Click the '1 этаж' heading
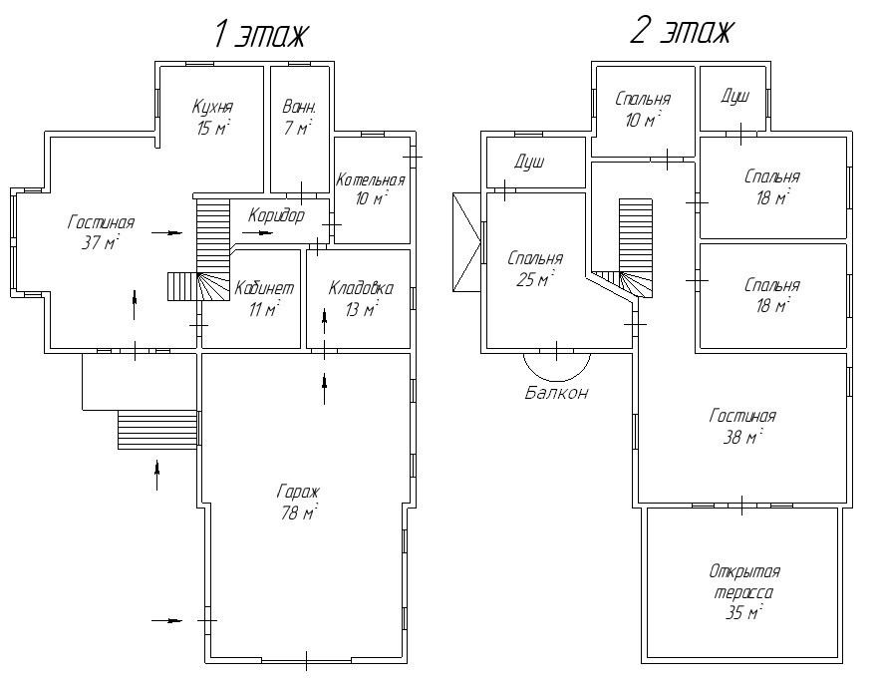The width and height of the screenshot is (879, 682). [x=261, y=35]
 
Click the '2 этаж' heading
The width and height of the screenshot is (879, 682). [x=682, y=32]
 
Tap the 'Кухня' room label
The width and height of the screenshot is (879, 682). [x=212, y=107]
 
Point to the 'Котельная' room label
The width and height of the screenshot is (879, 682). [x=370, y=180]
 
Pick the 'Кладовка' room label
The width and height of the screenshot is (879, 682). [x=361, y=288]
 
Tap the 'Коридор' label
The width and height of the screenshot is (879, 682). [x=276, y=215]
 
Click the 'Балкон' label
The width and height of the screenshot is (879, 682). [x=557, y=393]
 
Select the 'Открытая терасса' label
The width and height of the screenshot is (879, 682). [x=744, y=582]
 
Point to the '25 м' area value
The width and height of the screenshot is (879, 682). [x=534, y=279]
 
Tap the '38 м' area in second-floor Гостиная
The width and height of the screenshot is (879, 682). [x=741, y=437]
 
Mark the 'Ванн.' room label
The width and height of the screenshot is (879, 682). [x=299, y=107]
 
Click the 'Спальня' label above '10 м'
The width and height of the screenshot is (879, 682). [x=643, y=99]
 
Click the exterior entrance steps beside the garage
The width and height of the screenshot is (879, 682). [x=157, y=429]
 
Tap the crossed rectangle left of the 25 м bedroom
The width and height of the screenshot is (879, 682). [x=466, y=243]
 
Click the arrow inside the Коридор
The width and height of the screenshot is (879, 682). [x=258, y=232]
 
